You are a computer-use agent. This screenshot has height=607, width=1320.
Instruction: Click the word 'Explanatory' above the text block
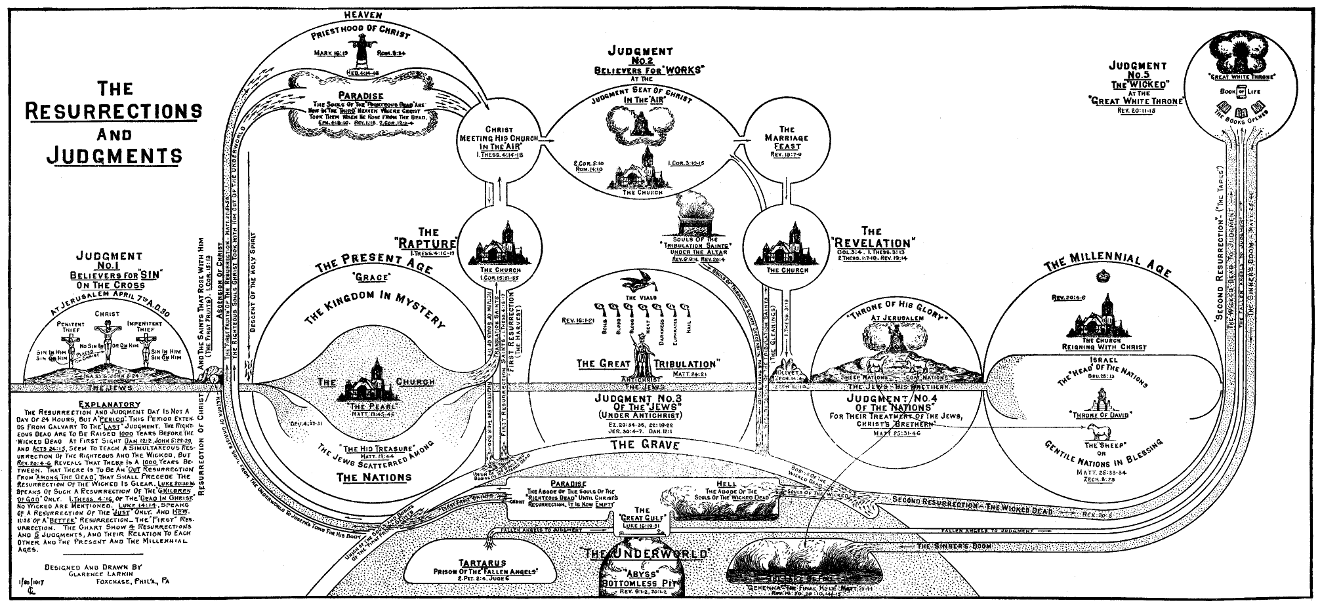[x=109, y=404]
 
